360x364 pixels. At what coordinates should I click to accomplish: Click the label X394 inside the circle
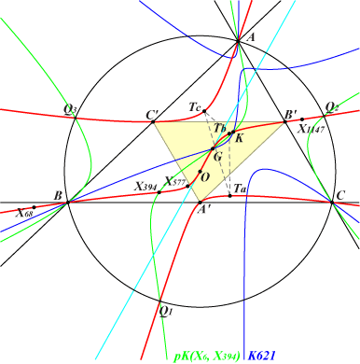click(x=145, y=187)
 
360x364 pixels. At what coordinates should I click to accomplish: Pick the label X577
click(x=174, y=182)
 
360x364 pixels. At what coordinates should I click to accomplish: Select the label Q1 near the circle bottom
click(x=165, y=309)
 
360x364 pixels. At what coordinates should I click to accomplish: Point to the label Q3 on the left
click(x=71, y=109)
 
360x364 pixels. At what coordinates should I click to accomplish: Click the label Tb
click(x=220, y=127)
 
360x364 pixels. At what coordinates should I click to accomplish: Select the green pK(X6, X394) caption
click(x=207, y=356)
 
